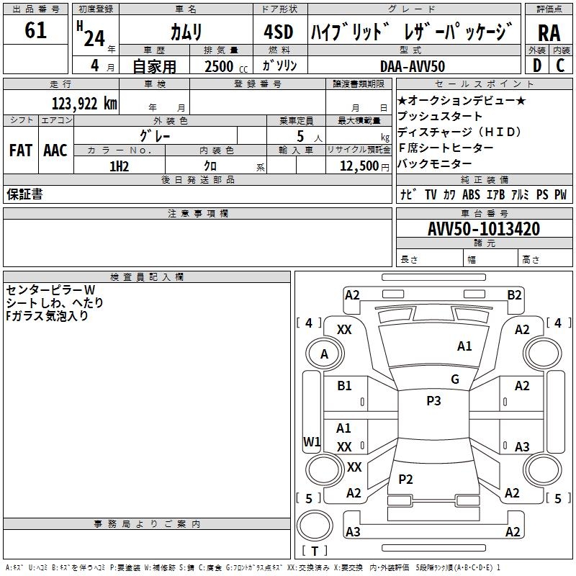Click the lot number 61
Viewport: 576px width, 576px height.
[35, 31]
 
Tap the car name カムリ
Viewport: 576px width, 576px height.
[186, 32]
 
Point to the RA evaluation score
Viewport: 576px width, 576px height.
[549, 32]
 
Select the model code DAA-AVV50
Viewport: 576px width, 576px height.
[413, 66]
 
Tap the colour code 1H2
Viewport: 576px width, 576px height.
[119, 166]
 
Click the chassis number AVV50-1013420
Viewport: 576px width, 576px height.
[484, 229]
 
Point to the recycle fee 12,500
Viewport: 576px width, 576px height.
[358, 166]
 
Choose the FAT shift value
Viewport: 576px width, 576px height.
[21, 150]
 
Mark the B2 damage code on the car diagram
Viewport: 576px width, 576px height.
[514, 294]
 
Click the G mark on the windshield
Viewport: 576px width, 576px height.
[454, 379]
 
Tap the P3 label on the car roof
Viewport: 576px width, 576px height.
[433, 401]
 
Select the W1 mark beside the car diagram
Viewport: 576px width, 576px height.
[311, 441]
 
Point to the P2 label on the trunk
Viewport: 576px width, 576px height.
[406, 480]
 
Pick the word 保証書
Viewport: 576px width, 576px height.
[24, 194]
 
